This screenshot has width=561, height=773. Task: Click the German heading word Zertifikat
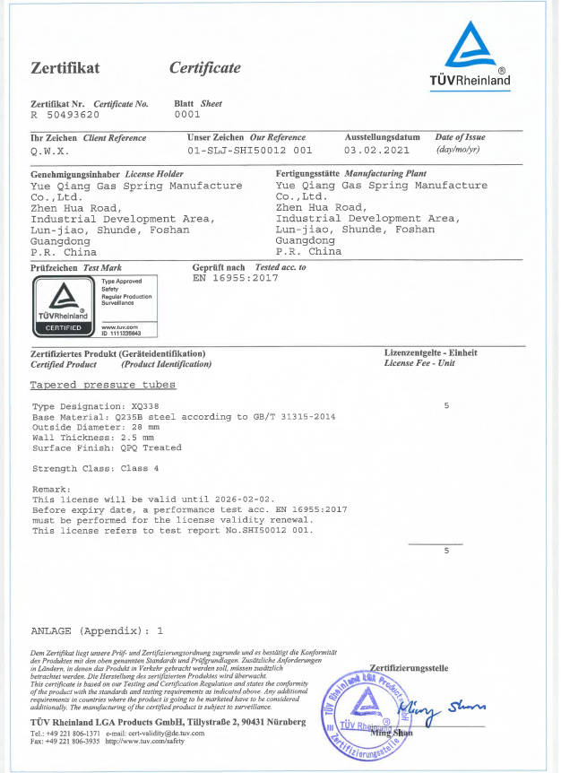click(x=65, y=68)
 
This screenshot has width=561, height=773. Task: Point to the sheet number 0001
click(x=186, y=115)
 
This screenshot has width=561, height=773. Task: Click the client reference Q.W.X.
click(x=47, y=151)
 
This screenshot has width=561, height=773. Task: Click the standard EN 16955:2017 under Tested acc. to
click(x=236, y=278)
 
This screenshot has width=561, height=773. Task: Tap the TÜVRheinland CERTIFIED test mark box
click(x=62, y=306)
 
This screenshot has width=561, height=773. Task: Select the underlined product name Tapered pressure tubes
click(x=103, y=385)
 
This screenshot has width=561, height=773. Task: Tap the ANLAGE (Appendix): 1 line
click(x=97, y=630)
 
